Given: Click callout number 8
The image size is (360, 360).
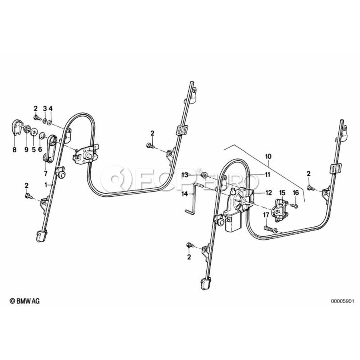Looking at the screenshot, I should [x=15, y=150].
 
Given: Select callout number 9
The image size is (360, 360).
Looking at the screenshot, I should [x=26, y=150].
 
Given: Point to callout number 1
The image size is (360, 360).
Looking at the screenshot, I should [x=46, y=185].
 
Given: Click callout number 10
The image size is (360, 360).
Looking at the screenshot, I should [x=268, y=155].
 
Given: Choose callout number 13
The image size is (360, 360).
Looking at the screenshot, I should [x=184, y=175].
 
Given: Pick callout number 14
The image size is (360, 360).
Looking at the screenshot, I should [x=184, y=194].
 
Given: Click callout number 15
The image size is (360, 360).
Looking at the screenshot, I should [x=282, y=193].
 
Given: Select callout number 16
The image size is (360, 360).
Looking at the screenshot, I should [x=296, y=193].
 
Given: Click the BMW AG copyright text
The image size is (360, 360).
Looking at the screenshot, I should [x=25, y=300].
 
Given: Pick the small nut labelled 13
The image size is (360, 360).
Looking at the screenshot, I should [x=203, y=174].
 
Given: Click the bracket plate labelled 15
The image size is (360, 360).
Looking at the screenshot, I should [x=279, y=209].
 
